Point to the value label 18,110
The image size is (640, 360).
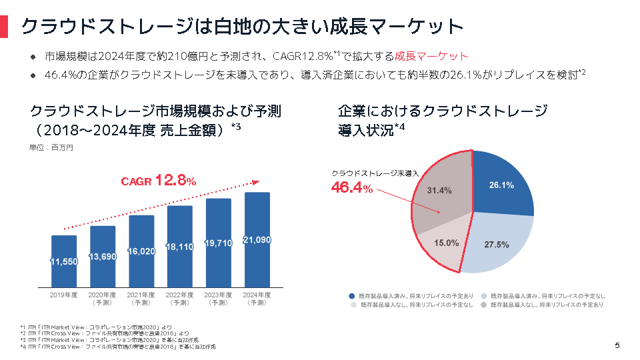[180, 247]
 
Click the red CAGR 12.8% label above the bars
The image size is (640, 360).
[158, 181]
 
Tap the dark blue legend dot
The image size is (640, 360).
[351, 295]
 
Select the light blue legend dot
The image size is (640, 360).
[485, 295]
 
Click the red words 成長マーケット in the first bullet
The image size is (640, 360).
[431, 57]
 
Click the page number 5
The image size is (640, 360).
[617, 345]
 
